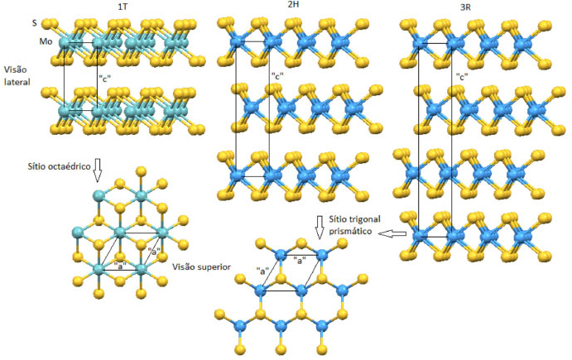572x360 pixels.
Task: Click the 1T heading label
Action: click(x=122, y=7)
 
